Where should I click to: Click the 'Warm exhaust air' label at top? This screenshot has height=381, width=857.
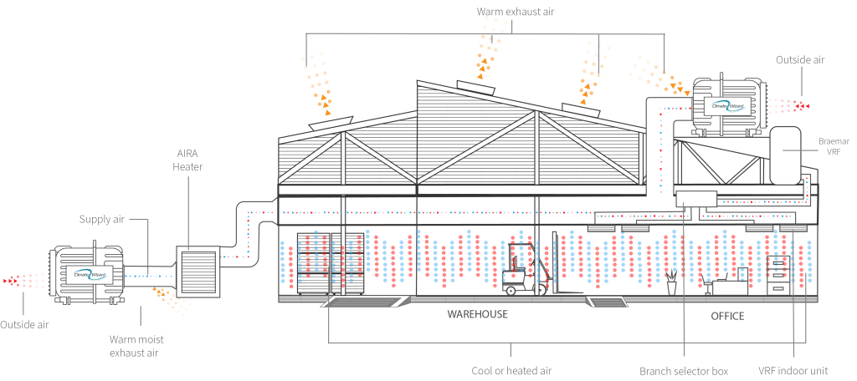click(515, 12)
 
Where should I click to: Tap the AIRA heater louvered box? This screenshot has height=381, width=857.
click(197, 270)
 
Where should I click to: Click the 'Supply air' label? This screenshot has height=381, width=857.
click(102, 220)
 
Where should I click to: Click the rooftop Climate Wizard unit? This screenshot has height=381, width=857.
click(727, 104)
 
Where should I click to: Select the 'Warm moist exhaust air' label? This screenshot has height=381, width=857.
click(134, 346)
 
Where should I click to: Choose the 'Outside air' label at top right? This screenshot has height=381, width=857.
click(801, 59)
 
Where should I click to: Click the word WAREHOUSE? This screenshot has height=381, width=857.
click(477, 315)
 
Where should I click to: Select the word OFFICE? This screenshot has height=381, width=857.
click(726, 316)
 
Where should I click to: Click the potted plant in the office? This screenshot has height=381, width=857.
click(671, 282)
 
